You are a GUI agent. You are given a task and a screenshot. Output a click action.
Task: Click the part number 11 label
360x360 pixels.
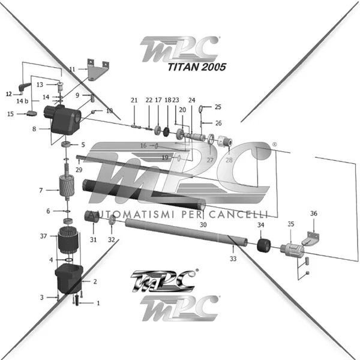tap(73, 70)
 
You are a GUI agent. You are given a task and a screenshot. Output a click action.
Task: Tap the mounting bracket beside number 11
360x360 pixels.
tap(96, 70)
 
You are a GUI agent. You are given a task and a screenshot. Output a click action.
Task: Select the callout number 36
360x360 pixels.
tap(313, 214)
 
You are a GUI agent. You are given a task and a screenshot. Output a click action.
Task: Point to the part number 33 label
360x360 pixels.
tap(233, 259)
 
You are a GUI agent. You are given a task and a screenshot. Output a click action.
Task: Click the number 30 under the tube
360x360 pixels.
tap(203, 224)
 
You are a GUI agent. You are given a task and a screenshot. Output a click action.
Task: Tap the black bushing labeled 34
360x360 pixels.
tap(261, 247)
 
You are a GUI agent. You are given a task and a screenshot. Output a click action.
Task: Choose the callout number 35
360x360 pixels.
tap(291, 224)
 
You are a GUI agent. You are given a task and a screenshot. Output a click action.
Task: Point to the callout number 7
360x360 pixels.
tap(41, 190)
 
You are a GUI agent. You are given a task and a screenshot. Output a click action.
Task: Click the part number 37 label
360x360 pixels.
tap(43, 236)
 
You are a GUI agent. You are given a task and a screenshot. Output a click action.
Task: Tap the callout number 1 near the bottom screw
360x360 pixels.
tap(98, 303)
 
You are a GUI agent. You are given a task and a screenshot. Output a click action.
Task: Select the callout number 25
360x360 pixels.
tap(218, 107)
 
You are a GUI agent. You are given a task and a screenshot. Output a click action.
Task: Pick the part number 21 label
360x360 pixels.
tap(134, 100)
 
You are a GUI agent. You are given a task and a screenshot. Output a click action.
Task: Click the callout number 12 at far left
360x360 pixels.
tap(9, 94)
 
